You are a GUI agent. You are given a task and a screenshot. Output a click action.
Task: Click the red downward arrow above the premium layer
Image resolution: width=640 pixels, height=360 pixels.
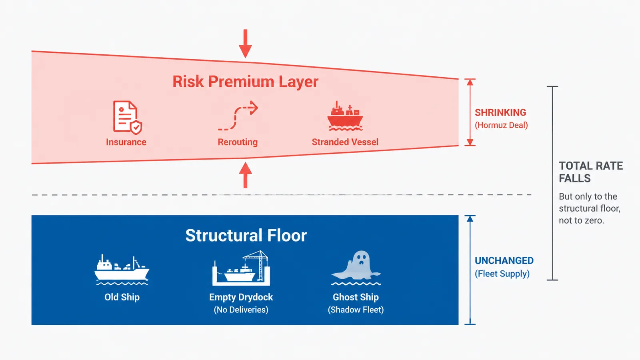pyautogui.click(x=245, y=44)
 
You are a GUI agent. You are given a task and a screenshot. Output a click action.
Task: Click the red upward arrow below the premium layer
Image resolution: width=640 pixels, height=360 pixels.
pyautogui.click(x=245, y=175)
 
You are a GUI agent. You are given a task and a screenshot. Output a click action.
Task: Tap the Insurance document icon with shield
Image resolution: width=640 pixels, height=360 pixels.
pyautogui.click(x=128, y=118)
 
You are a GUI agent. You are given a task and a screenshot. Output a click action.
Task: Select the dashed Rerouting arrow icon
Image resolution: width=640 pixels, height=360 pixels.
pyautogui.click(x=238, y=116)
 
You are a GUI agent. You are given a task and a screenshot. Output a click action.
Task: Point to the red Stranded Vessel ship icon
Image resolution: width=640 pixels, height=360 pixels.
pyautogui.click(x=345, y=116)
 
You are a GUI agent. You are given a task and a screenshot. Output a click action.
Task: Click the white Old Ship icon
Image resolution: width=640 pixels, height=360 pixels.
pyautogui.click(x=122, y=270)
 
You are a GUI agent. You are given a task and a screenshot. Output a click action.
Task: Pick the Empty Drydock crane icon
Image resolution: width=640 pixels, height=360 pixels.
pyautogui.click(x=241, y=268)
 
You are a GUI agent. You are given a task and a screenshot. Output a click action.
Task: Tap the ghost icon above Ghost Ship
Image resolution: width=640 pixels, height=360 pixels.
pyautogui.click(x=356, y=268)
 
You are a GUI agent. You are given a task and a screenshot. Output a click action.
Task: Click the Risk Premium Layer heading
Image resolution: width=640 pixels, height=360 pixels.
pyautogui.click(x=246, y=82)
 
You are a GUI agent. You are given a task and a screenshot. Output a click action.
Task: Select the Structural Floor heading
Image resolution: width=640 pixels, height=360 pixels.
pyautogui.click(x=246, y=236)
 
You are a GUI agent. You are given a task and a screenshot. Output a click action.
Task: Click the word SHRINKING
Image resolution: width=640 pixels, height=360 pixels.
pyautogui.click(x=500, y=112)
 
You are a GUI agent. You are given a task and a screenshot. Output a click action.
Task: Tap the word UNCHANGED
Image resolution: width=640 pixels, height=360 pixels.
pyautogui.click(x=504, y=260)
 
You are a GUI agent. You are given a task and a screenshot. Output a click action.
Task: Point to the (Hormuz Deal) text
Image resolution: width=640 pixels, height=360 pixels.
pyautogui.click(x=501, y=125)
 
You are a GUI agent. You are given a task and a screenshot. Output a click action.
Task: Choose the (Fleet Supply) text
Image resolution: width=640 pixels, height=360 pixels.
pyautogui.click(x=502, y=274)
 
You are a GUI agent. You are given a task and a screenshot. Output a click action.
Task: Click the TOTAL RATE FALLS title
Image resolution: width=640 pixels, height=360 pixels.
pyautogui.click(x=590, y=172)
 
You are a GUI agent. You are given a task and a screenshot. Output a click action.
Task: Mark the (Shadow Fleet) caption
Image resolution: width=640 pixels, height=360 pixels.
pyautogui.click(x=356, y=310)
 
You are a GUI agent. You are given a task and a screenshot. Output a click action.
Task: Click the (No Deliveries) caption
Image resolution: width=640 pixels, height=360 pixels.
pyautogui.click(x=241, y=310)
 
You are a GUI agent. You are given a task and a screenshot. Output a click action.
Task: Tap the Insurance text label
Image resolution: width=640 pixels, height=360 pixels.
pyautogui.click(x=126, y=142)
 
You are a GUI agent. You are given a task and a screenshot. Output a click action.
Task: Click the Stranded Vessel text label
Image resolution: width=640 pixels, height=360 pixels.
pyautogui.click(x=345, y=142)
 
